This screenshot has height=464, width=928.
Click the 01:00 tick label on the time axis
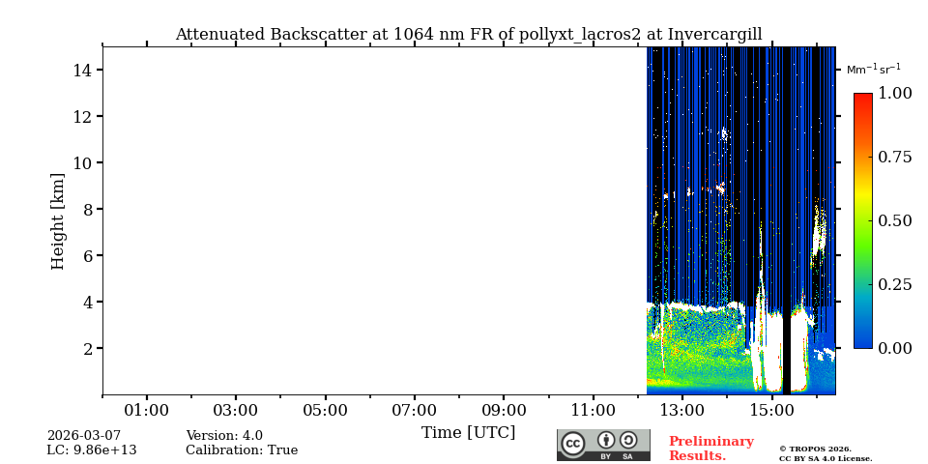click(x=147, y=411)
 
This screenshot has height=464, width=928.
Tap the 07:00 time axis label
click(x=414, y=411)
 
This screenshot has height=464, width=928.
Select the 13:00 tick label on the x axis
click(x=681, y=411)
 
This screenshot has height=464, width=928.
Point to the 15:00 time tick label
click(x=771, y=411)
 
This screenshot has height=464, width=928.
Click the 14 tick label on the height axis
click(x=81, y=71)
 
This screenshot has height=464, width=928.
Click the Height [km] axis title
click(x=58, y=220)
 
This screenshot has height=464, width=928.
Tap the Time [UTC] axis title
click(x=468, y=433)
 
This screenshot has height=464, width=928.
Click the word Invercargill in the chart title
click(x=713, y=35)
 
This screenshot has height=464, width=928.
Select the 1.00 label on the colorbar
click(x=894, y=94)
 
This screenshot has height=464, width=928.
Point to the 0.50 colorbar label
click(x=894, y=220)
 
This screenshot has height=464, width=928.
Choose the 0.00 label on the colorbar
click(x=894, y=348)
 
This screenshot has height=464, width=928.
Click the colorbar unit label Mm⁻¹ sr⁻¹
click(x=873, y=70)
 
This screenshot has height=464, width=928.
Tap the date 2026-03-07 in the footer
click(x=84, y=436)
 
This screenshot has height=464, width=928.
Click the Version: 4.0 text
click(x=224, y=436)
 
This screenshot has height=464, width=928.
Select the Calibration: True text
click(x=242, y=450)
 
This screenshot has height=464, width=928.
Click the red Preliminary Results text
click(x=710, y=449)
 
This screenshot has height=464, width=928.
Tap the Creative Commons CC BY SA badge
click(x=603, y=445)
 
